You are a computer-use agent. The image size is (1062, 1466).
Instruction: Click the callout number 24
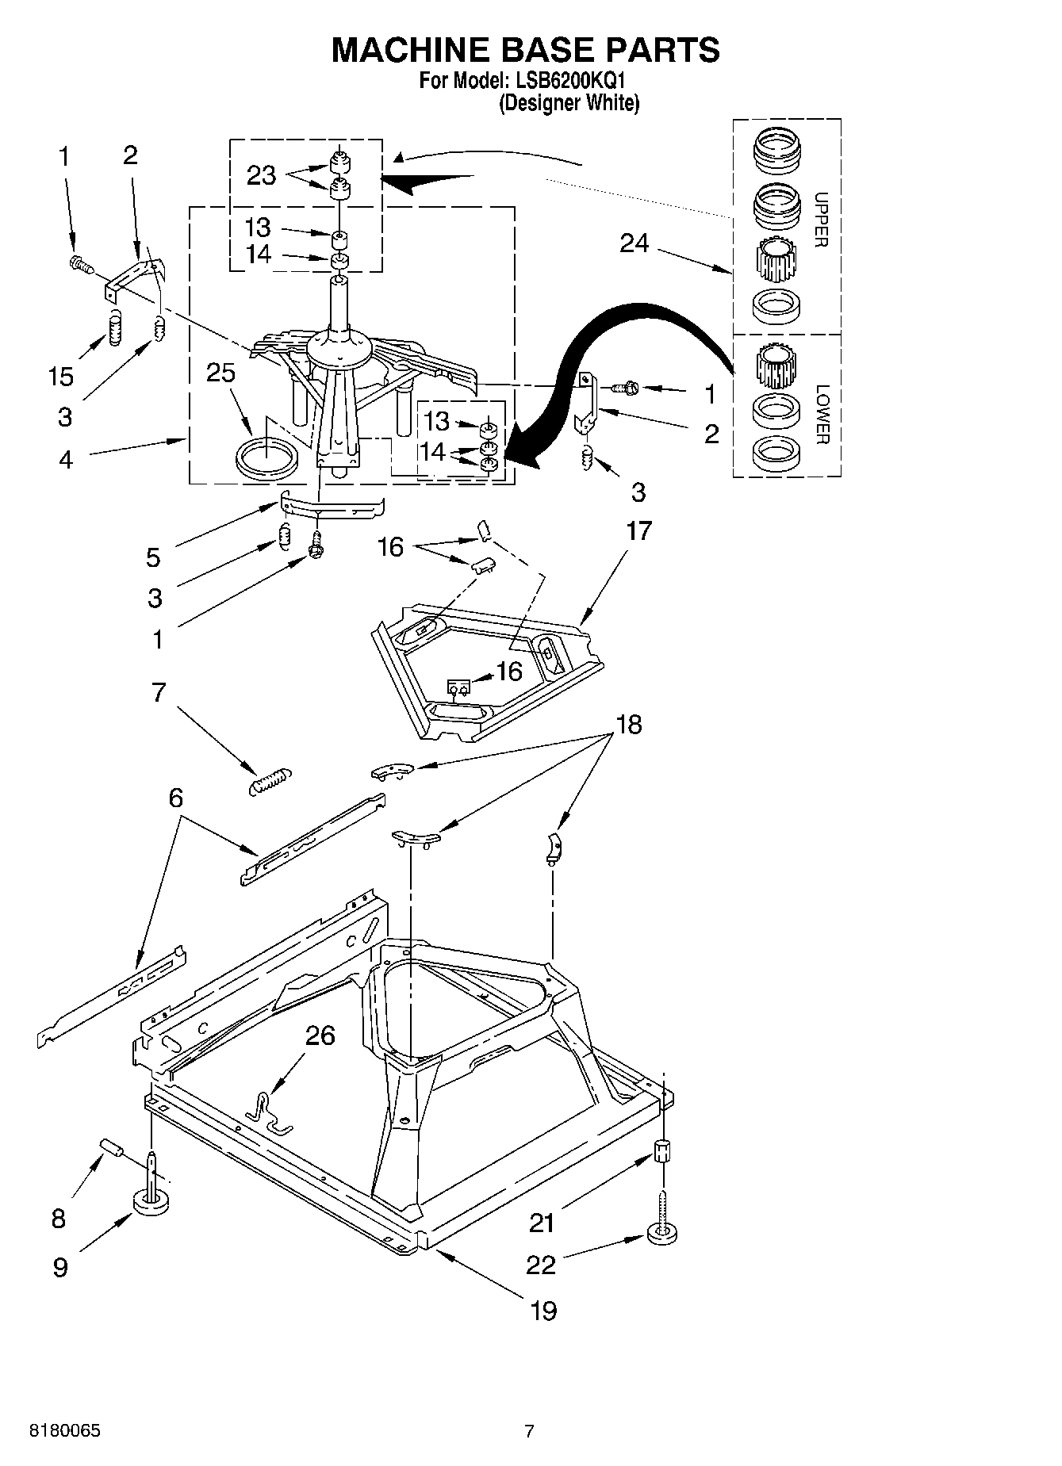[634, 243]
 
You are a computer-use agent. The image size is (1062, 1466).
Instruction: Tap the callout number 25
[220, 372]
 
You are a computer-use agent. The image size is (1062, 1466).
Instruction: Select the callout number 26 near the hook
[320, 1035]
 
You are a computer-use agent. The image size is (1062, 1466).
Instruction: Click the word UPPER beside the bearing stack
[822, 220]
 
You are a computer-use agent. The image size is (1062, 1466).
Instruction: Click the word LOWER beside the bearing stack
[822, 414]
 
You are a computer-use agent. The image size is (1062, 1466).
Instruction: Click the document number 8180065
[64, 1432]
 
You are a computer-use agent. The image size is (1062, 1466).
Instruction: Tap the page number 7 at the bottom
[529, 1432]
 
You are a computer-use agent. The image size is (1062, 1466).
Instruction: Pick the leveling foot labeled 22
[662, 1233]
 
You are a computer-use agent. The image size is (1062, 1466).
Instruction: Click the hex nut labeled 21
[662, 1151]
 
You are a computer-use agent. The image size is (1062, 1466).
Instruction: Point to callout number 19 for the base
[543, 1310]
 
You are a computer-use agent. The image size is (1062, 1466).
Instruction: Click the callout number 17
[638, 530]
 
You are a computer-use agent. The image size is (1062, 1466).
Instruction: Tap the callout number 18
[628, 725]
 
